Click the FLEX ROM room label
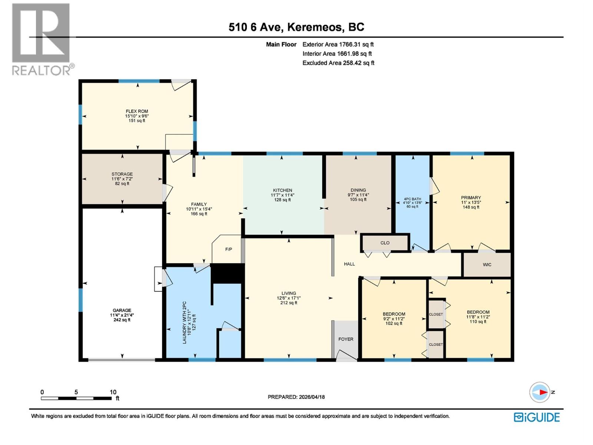(137, 111)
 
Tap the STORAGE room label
(122, 174)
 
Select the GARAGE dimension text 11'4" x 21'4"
(122, 315)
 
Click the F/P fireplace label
(229, 249)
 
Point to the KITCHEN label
(282, 190)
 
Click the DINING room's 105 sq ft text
(358, 200)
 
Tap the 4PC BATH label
(412, 199)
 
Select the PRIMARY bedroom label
(471, 198)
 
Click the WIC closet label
(487, 264)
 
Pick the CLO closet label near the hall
(385, 243)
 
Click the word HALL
(349, 264)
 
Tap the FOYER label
(346, 339)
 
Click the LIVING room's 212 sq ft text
(288, 303)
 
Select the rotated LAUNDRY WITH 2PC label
(184, 322)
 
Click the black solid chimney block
(228, 274)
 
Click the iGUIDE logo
(537, 417)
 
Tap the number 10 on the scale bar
(113, 392)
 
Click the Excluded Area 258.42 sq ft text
(338, 63)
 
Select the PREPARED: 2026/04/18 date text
(296, 397)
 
